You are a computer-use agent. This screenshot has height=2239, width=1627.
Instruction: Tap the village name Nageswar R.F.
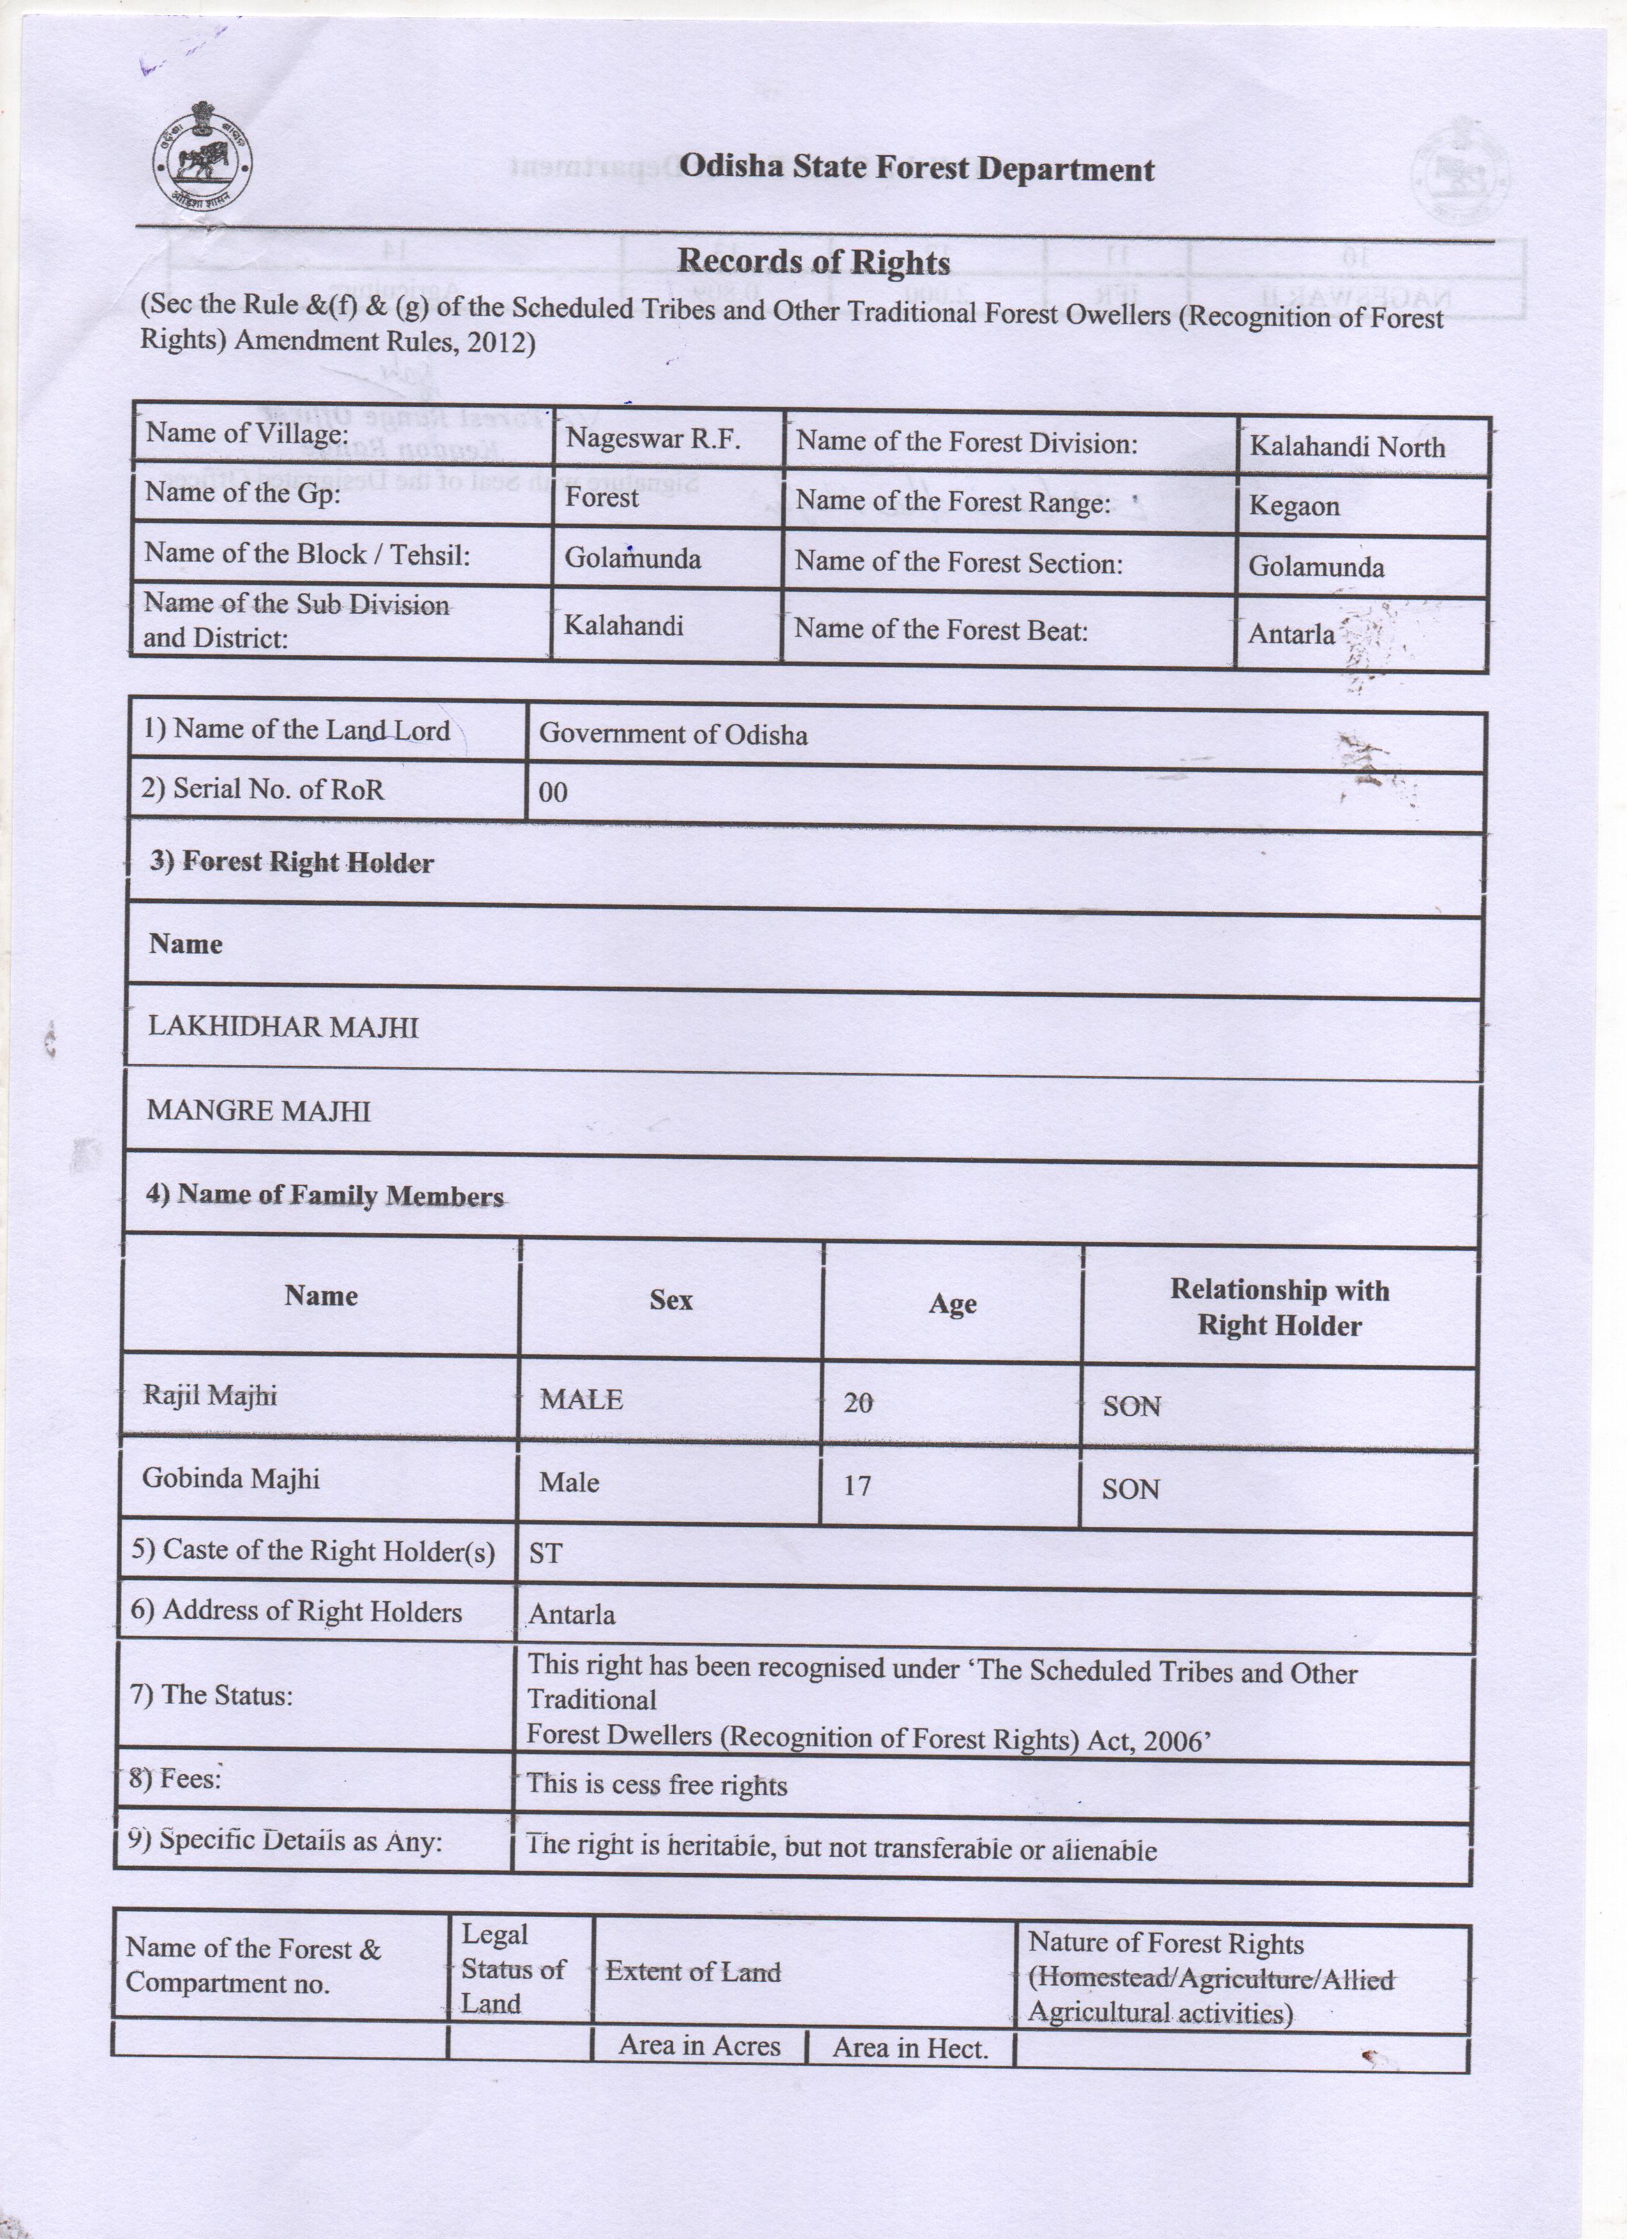pyautogui.click(x=653, y=440)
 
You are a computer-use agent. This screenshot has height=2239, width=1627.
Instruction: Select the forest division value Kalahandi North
pyautogui.click(x=1347, y=447)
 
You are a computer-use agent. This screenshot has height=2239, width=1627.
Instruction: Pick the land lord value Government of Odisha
pyautogui.click(x=672, y=734)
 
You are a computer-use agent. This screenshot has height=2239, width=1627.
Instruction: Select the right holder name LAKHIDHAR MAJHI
pyautogui.click(x=283, y=1027)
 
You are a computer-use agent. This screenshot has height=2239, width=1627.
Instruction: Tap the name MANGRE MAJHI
pyautogui.click(x=258, y=1112)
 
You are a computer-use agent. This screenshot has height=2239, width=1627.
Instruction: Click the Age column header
pyautogui.click(x=952, y=1304)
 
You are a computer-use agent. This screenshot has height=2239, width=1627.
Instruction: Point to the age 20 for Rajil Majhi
pyautogui.click(x=858, y=1403)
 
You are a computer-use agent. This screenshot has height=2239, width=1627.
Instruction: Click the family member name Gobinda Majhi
pyautogui.click(x=231, y=1478)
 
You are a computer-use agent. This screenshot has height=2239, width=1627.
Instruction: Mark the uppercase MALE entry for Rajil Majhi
pyautogui.click(x=581, y=1400)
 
